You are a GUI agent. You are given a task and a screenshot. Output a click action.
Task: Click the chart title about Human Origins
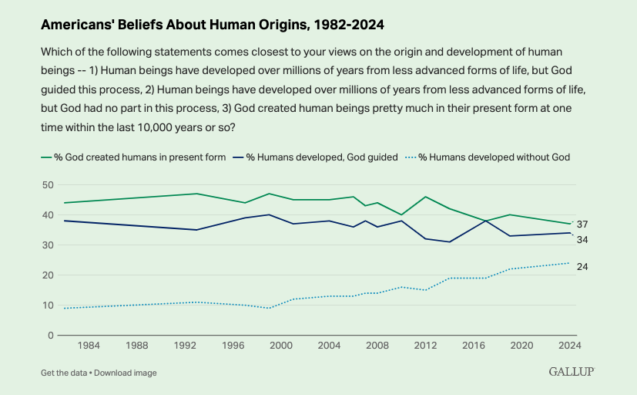coord(212,25)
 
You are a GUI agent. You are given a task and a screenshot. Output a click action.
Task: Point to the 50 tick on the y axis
coord(47,185)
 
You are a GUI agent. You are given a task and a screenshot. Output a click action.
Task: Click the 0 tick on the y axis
coord(50,336)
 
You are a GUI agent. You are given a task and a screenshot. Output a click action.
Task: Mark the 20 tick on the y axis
coord(47,275)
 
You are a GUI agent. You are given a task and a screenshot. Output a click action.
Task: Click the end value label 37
coord(582,225)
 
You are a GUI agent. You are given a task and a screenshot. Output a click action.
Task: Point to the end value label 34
coord(582,240)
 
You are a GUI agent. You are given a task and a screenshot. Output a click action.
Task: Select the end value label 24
coord(582,267)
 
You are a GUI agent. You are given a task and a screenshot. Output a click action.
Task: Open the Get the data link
coord(64,373)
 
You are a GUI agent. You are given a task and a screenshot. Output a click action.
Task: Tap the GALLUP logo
coord(571,372)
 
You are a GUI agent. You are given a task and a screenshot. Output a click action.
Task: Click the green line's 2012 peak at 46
coord(425,197)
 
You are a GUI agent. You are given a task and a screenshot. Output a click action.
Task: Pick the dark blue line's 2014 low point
coord(450,242)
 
